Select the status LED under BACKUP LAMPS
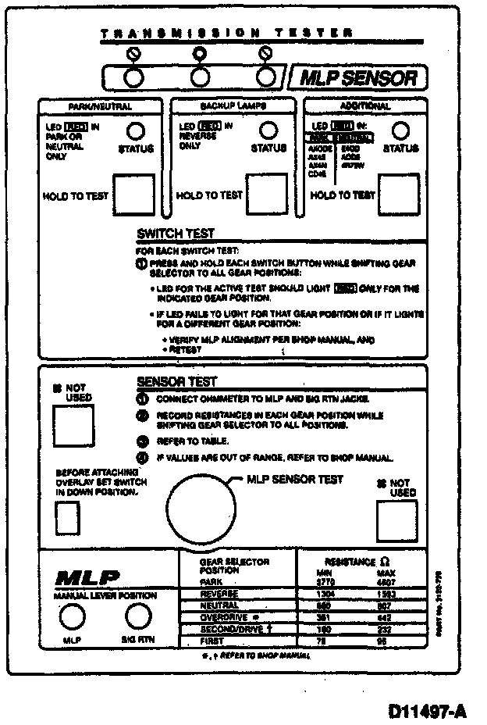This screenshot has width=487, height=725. (x=268, y=130)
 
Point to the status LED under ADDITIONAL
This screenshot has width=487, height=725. (x=400, y=130)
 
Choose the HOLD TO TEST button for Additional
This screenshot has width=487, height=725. (x=400, y=194)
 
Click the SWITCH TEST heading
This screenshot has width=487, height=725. (x=175, y=234)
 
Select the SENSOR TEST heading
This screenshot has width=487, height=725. (x=176, y=382)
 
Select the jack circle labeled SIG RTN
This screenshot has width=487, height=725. (x=137, y=617)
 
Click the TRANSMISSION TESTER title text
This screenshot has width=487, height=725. (x=226, y=34)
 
